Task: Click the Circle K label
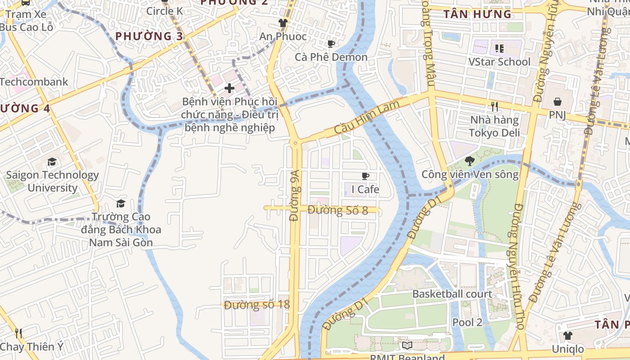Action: coord(165,11)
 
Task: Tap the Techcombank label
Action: coord(34,82)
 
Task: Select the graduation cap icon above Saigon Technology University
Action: coord(52,162)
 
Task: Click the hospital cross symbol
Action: coord(229,88)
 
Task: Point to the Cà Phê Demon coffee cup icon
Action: coord(331,44)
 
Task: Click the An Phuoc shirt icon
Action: coord(283,23)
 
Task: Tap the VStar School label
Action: coord(499,62)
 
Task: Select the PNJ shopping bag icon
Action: coord(557,102)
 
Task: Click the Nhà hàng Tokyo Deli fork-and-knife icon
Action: coord(495,106)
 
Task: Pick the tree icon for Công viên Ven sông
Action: coord(469,161)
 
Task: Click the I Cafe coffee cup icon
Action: coord(365,176)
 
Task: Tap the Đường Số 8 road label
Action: coord(338,210)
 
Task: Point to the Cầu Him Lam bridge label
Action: coord(361,117)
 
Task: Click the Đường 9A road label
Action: coord(295,195)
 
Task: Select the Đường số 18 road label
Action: coord(257,305)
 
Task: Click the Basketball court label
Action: coord(452,294)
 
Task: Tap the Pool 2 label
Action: coord(467,322)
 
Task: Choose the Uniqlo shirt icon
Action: coord(567,336)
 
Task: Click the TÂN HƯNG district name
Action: coord(477,14)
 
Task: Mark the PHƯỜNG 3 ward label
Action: coord(149,36)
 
